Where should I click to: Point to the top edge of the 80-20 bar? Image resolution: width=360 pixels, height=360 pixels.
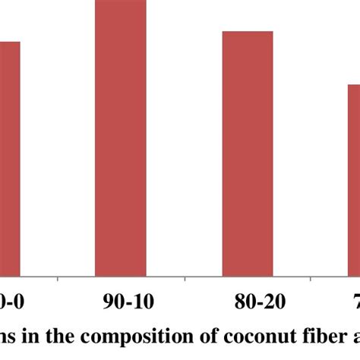click(248, 32)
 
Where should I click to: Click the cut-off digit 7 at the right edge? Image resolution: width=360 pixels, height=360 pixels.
click(355, 303)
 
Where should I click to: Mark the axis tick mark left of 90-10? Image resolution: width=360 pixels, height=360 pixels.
click(58, 282)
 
